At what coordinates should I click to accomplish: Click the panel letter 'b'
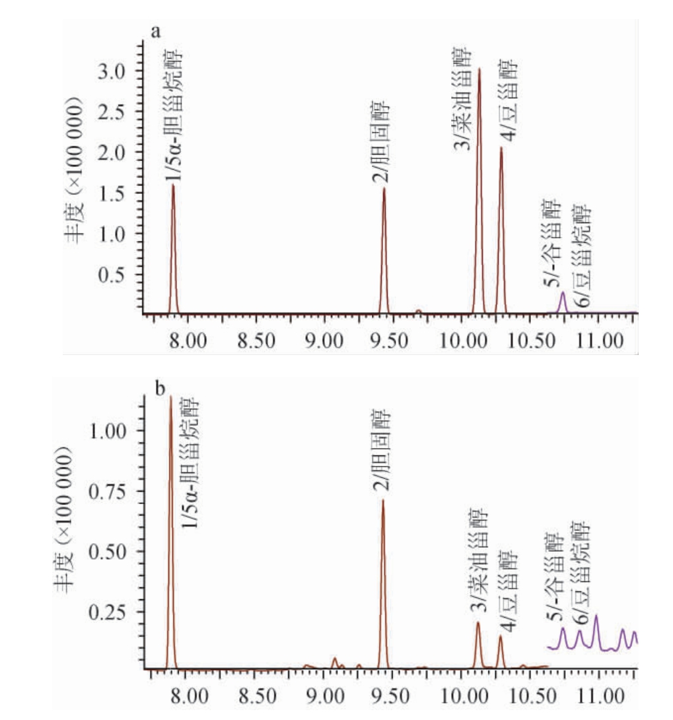(x=160, y=388)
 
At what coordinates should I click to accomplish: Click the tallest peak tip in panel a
(x=479, y=69)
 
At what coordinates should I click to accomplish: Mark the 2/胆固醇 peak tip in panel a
(x=384, y=189)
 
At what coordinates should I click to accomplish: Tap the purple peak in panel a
(x=563, y=292)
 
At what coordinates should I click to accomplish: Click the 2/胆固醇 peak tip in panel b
(x=382, y=500)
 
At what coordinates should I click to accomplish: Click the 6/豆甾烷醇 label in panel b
(x=581, y=573)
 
